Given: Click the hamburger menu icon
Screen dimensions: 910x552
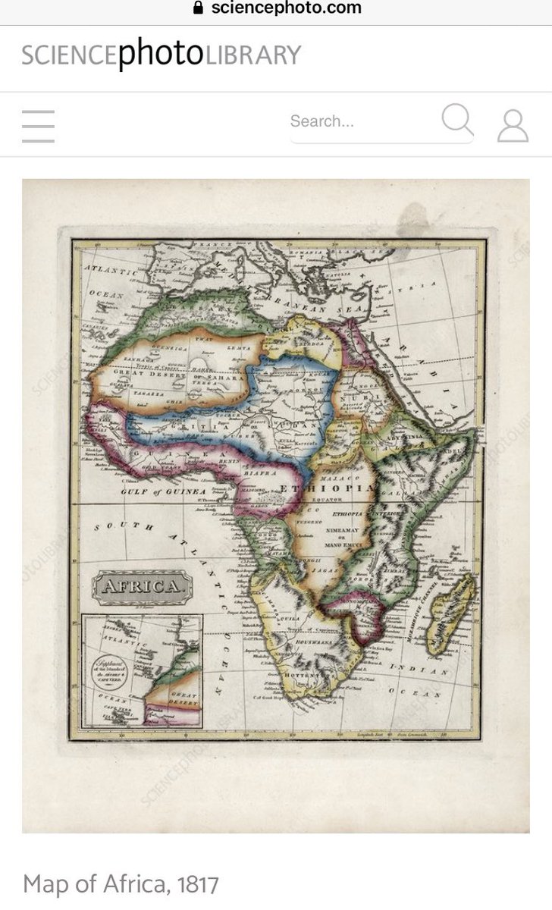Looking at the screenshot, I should click(x=38, y=126).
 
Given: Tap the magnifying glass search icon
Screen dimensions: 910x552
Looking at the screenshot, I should click(x=457, y=121).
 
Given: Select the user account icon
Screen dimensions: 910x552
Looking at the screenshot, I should click(x=513, y=126).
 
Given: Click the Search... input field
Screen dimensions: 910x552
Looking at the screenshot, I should click(x=356, y=121).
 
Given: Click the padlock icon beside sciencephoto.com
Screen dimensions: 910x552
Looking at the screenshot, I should click(x=199, y=8).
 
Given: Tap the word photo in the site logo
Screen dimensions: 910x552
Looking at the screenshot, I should click(x=159, y=55).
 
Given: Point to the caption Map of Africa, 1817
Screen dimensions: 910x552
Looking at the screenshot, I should click(x=121, y=883).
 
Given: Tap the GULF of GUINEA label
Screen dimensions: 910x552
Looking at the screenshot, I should click(x=163, y=492).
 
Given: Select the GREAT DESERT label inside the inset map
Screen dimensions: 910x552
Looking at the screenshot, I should click(x=182, y=698).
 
